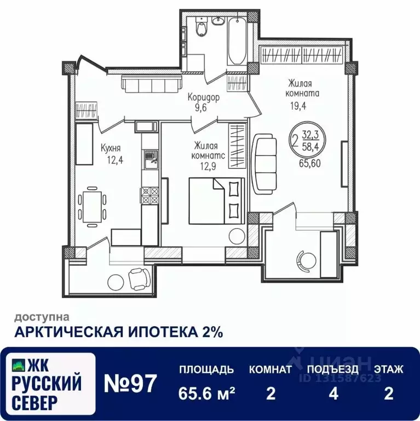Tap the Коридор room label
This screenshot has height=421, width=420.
pos(203,98)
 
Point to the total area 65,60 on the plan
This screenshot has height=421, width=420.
pos(309,163)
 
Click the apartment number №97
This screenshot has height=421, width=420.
pos(130,382)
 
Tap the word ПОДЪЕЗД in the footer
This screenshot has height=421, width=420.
pos(333,369)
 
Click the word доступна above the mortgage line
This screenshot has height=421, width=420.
pos(42,316)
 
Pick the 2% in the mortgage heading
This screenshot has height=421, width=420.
pos(210,331)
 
